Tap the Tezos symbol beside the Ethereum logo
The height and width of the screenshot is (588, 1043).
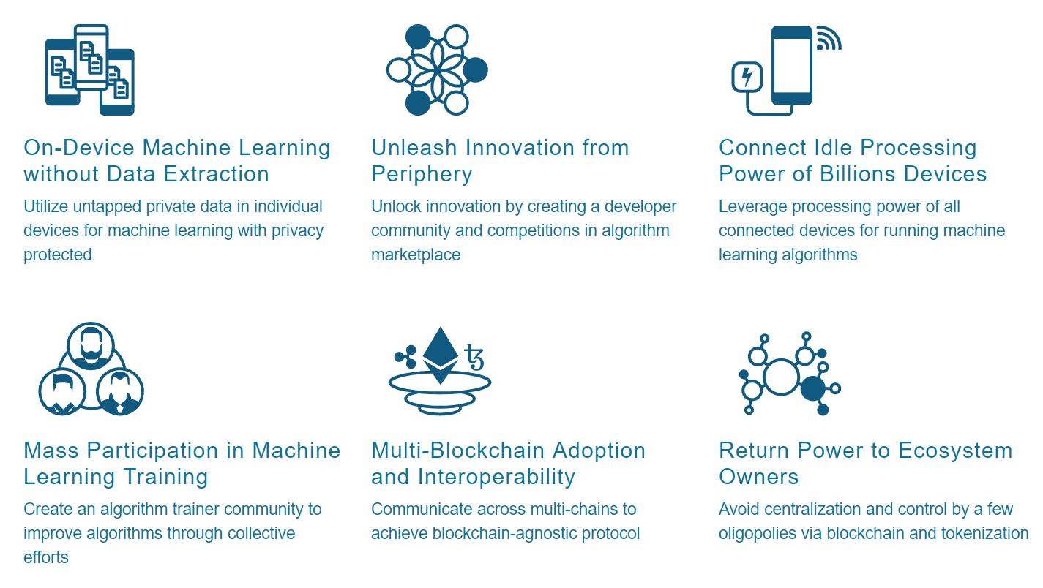click(474, 358)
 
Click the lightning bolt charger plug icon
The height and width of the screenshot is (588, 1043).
click(747, 77)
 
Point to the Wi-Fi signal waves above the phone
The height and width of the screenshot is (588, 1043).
click(827, 39)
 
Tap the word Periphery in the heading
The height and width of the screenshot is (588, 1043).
click(422, 174)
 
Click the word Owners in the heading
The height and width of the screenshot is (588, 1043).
click(758, 477)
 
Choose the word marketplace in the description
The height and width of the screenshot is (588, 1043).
click(416, 255)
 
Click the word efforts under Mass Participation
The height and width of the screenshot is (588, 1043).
click(46, 557)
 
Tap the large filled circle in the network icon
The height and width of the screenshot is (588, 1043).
click(813, 388)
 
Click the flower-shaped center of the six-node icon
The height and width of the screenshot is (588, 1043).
click(436, 70)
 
